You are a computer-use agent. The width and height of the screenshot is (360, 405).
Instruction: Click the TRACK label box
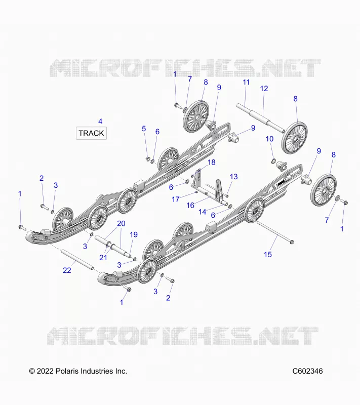91,133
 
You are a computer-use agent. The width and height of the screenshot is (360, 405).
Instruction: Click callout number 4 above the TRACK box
100,121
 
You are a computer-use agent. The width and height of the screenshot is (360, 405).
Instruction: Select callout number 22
67,270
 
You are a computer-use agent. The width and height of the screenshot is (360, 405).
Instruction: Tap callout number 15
268,255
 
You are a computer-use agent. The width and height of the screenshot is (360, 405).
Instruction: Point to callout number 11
247,82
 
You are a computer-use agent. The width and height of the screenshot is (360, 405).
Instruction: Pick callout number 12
264,88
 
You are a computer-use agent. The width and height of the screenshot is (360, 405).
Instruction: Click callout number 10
269,139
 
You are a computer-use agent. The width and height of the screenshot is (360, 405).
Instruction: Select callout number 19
134,234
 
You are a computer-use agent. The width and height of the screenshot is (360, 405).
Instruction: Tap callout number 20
121,223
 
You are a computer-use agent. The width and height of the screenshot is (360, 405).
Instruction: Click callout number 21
103,257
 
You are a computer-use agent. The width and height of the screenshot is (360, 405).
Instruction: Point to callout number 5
144,129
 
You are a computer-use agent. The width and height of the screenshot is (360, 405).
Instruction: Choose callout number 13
234,177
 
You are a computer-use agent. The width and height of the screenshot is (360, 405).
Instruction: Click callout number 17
176,199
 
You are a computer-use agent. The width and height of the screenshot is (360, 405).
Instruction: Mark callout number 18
212,162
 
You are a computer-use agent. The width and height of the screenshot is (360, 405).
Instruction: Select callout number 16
190,206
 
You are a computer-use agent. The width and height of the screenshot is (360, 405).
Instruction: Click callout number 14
202,212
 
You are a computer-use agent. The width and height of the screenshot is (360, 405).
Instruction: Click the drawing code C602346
307,371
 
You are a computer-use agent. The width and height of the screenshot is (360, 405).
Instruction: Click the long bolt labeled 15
275,232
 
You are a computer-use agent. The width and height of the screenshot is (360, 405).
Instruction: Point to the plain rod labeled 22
77,259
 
